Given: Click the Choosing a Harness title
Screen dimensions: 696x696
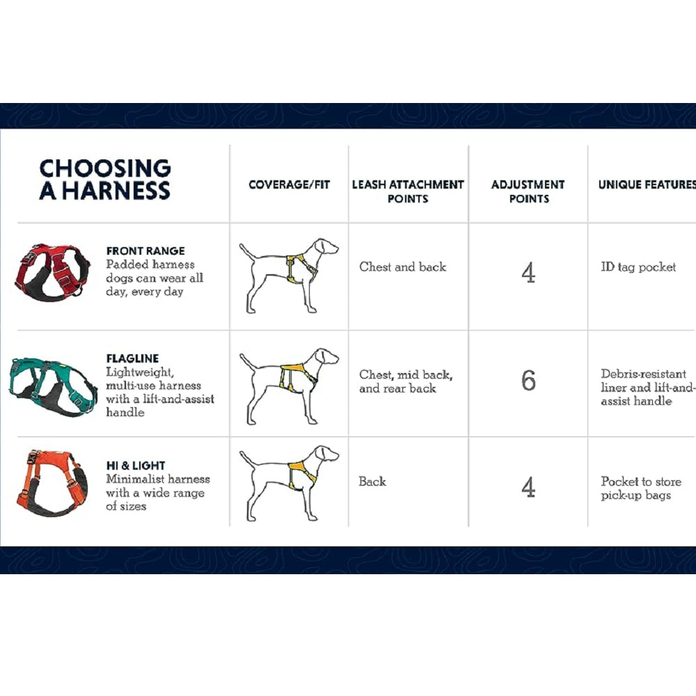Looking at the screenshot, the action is click(105, 180).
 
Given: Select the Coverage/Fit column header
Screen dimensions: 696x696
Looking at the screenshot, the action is click(289, 184).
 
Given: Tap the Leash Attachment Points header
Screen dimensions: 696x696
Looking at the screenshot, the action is click(408, 191).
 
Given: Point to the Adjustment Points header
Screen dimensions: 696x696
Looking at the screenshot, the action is click(528, 191).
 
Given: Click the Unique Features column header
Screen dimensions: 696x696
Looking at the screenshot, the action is click(647, 184).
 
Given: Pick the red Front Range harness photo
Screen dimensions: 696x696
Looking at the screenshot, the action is click(52, 271).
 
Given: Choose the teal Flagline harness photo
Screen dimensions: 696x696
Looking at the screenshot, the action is click(52, 386).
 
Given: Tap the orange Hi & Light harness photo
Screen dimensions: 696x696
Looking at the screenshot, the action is click(52, 484).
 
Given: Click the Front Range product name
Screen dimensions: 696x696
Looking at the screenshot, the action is click(145, 251).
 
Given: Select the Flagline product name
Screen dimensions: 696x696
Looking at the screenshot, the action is click(132, 358).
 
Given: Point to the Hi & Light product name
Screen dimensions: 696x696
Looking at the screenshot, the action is click(136, 466).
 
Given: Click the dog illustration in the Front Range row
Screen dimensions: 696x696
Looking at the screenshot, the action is click(289, 276).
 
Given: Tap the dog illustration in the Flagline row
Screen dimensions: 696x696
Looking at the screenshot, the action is click(289, 386).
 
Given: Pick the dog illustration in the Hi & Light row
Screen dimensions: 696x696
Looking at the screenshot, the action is click(289, 484).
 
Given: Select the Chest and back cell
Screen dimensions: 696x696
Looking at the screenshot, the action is click(402, 267).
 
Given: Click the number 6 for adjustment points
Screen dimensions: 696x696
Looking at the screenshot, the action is click(528, 381).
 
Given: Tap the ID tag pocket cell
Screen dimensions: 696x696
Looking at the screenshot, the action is click(638, 267).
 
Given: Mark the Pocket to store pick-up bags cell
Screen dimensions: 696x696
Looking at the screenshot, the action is click(641, 489).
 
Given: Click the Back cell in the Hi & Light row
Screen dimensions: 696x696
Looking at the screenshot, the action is click(372, 482).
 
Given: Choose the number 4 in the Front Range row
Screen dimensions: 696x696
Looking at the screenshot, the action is click(528, 273).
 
